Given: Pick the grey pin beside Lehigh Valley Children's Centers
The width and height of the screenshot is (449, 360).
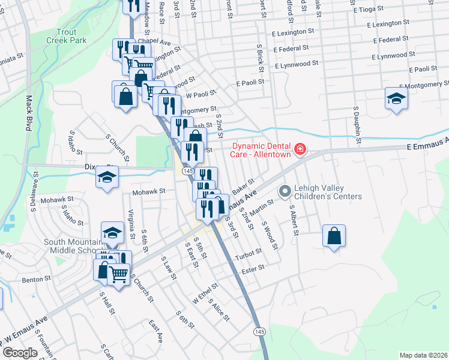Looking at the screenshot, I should (285, 192).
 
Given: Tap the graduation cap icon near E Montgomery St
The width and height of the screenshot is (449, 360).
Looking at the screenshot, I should (396, 98).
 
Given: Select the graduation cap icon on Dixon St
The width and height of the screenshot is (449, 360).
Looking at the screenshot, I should (107, 177).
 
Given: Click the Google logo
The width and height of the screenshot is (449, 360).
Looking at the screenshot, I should (20, 352).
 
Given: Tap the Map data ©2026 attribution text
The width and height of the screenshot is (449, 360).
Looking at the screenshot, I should (423, 355).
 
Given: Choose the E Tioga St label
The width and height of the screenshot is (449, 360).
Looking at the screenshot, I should (373, 10).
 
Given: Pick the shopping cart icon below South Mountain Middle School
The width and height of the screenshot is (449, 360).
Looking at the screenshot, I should (119, 275).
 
